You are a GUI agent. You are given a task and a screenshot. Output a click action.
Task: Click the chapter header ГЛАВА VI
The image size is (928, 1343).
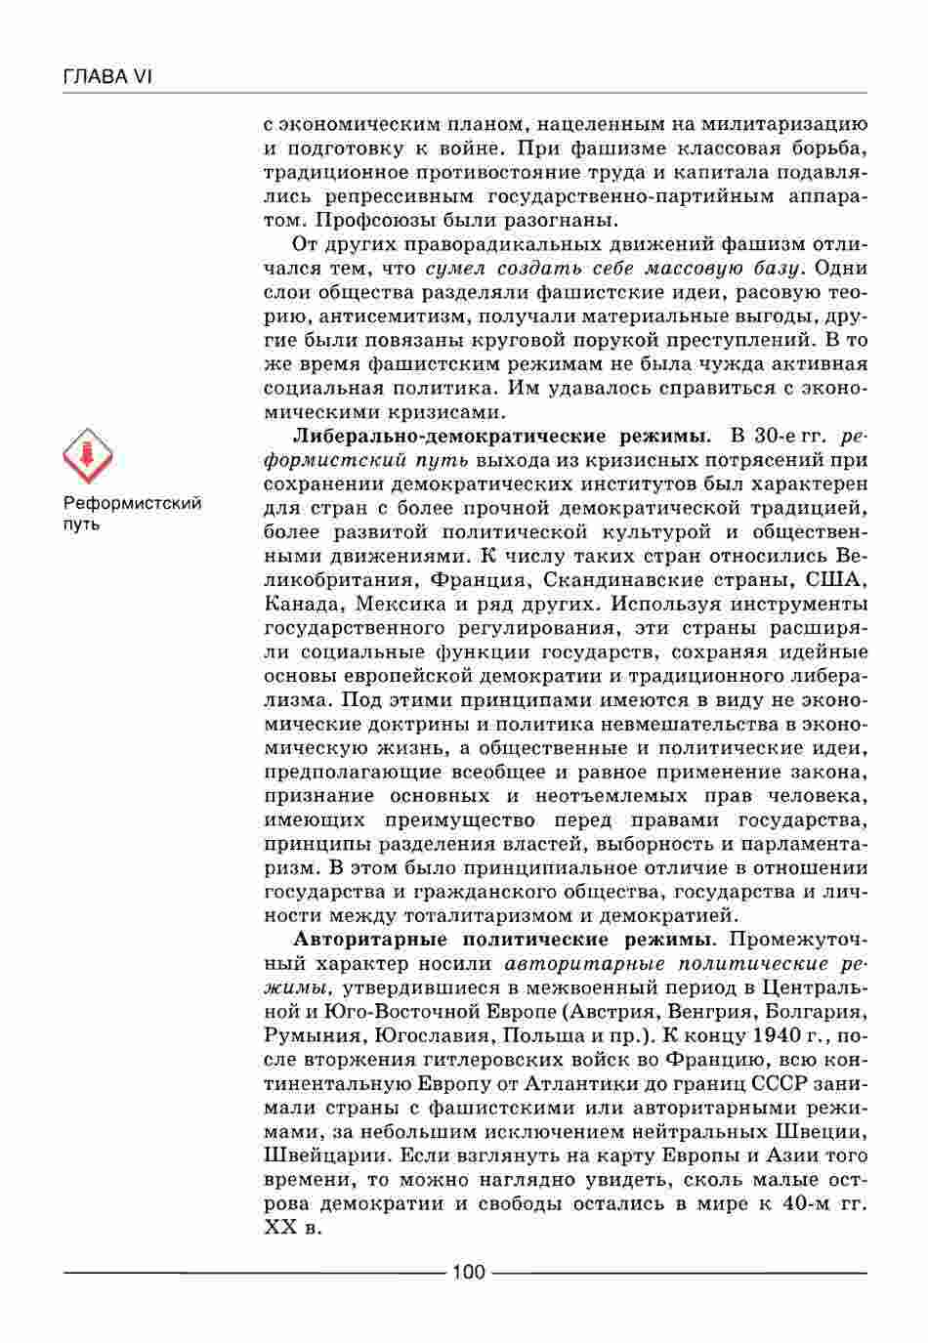pyautogui.click(x=107, y=76)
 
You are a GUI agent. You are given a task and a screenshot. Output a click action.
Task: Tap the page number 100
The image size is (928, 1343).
pyautogui.click(x=468, y=1272)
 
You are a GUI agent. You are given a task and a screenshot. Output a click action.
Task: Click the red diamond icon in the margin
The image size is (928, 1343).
pyautogui.click(x=88, y=456)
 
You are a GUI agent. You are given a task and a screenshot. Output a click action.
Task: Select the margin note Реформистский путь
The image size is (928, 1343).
pyautogui.click(x=132, y=513)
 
